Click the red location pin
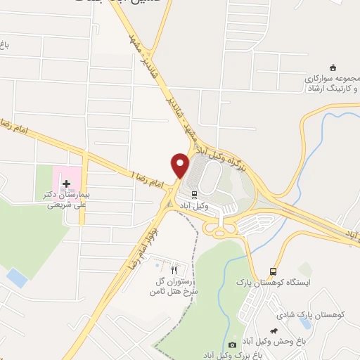point(181,165)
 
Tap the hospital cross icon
point(67,184)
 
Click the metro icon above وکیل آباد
point(192,195)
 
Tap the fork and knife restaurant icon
point(172,269)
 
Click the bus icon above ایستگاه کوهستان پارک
point(273,272)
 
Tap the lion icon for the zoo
point(273,330)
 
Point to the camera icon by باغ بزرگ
point(233,345)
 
